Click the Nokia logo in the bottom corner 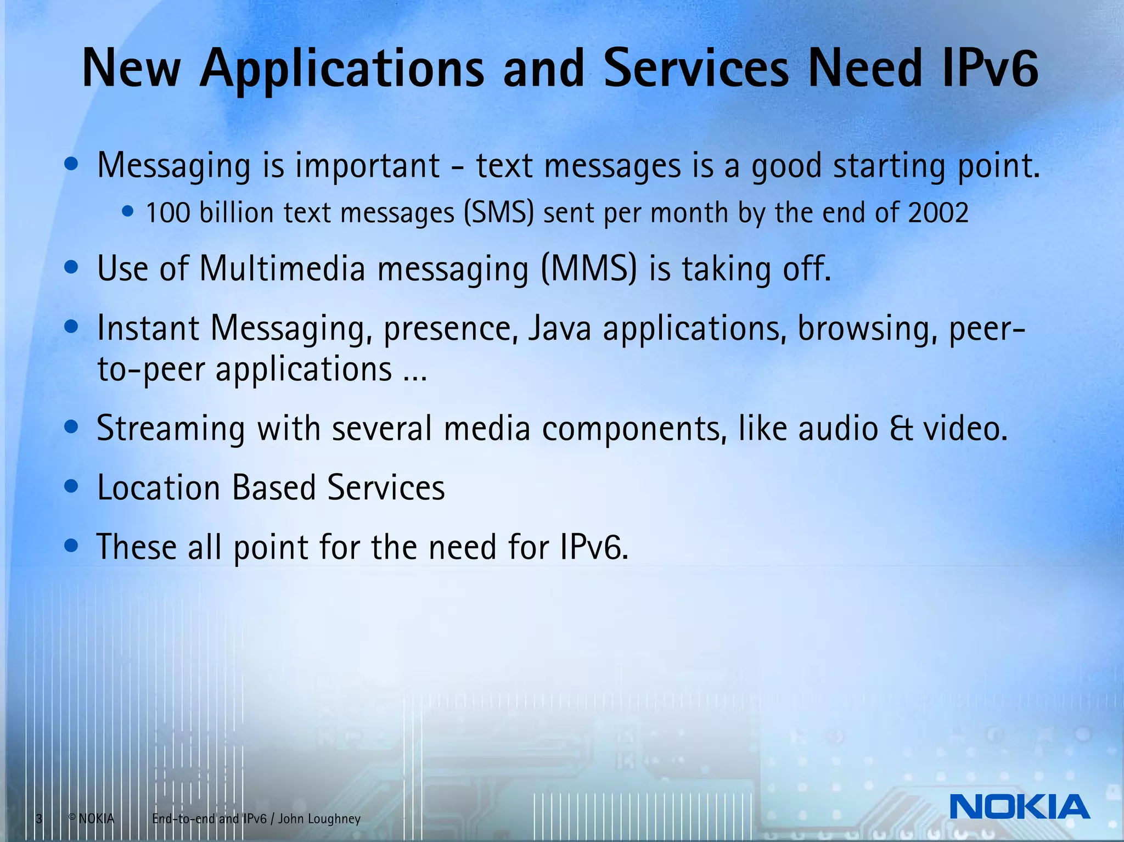coord(1019,806)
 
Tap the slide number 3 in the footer coord(39,819)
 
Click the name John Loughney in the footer coord(319,819)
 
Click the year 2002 coord(938,212)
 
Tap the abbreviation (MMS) coord(589,268)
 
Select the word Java coord(559,328)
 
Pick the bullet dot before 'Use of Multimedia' coord(71,268)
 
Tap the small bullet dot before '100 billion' coord(128,211)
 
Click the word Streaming coord(170,429)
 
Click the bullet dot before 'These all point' coord(71,546)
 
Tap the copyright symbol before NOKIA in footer coord(72,817)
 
